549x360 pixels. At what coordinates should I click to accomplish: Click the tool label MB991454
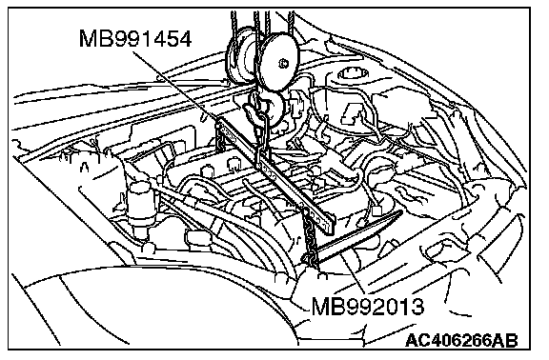point(135,38)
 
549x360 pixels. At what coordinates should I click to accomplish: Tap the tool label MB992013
point(368,306)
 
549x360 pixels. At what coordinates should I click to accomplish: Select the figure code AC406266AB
point(461,340)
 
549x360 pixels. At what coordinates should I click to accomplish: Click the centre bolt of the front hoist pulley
point(283,64)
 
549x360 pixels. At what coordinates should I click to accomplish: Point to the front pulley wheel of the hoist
point(279,62)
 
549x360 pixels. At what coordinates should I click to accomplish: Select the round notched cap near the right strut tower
point(353,73)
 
